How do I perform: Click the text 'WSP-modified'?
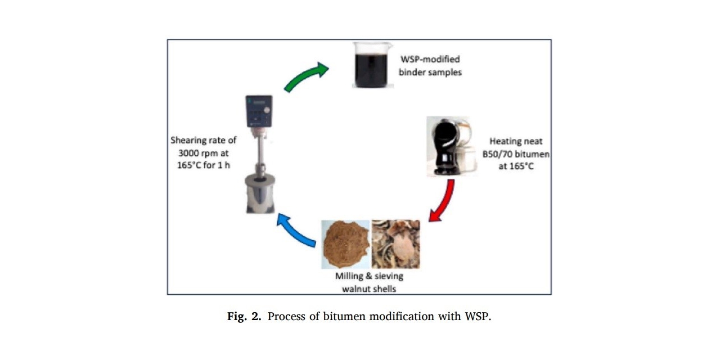(430, 59)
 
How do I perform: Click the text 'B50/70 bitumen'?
(520, 154)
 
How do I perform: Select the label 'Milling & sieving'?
(369, 276)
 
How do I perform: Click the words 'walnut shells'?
(369, 289)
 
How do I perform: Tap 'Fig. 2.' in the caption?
(245, 316)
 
